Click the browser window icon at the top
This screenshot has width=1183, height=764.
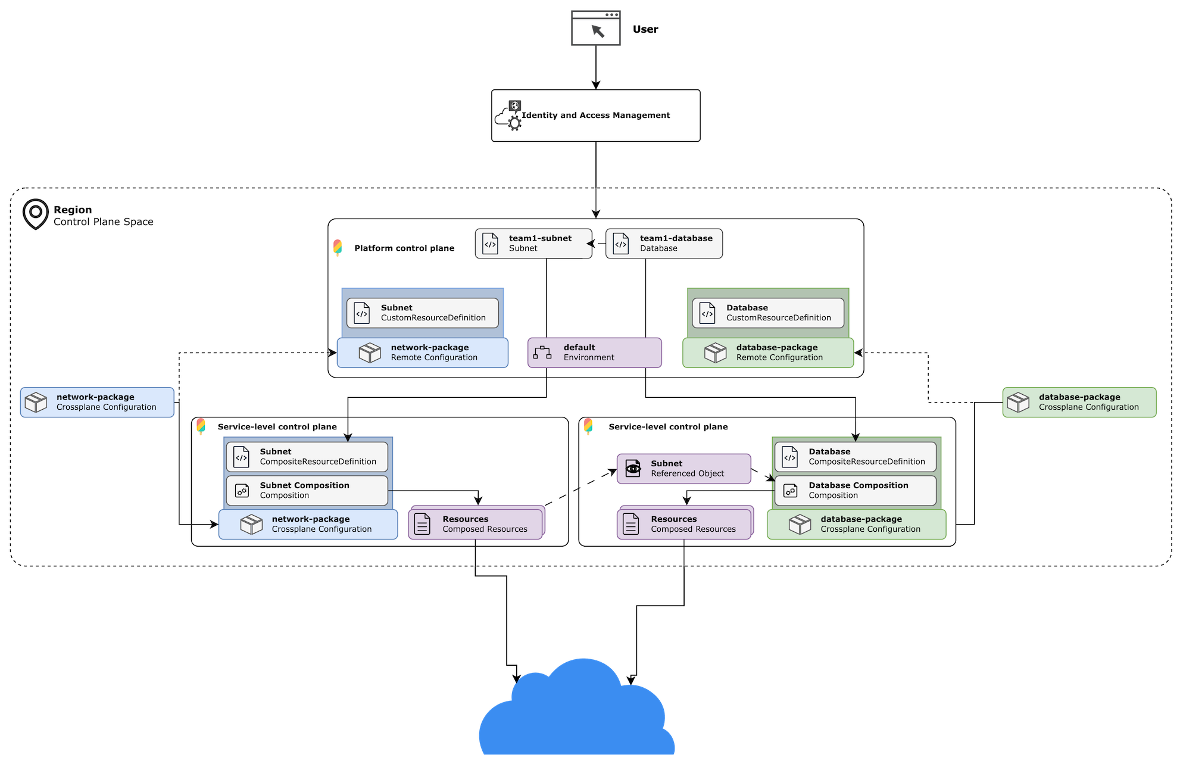[x=596, y=28]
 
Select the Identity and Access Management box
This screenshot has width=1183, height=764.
[x=595, y=116]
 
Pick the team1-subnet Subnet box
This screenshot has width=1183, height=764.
[x=533, y=244]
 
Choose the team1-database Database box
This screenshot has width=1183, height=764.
[x=664, y=244]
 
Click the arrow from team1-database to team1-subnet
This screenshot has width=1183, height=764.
[x=597, y=243]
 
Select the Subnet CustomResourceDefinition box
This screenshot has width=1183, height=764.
[x=423, y=313]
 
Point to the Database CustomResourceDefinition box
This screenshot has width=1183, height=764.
[x=768, y=313]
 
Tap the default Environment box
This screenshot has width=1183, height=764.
[x=594, y=353]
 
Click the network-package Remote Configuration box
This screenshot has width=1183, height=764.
[x=423, y=353]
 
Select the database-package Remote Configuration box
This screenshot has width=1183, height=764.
[x=768, y=353]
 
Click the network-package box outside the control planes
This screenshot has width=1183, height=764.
[x=97, y=403]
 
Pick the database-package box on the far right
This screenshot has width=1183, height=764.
[x=1079, y=403]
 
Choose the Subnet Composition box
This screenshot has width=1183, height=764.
[x=307, y=491]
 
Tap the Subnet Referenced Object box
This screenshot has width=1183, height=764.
[x=683, y=469]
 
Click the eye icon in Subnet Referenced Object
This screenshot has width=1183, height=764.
[x=633, y=469]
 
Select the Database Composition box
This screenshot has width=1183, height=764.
[x=855, y=491]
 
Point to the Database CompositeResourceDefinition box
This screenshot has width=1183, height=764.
[x=855, y=457]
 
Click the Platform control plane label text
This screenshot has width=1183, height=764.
[x=404, y=248]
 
